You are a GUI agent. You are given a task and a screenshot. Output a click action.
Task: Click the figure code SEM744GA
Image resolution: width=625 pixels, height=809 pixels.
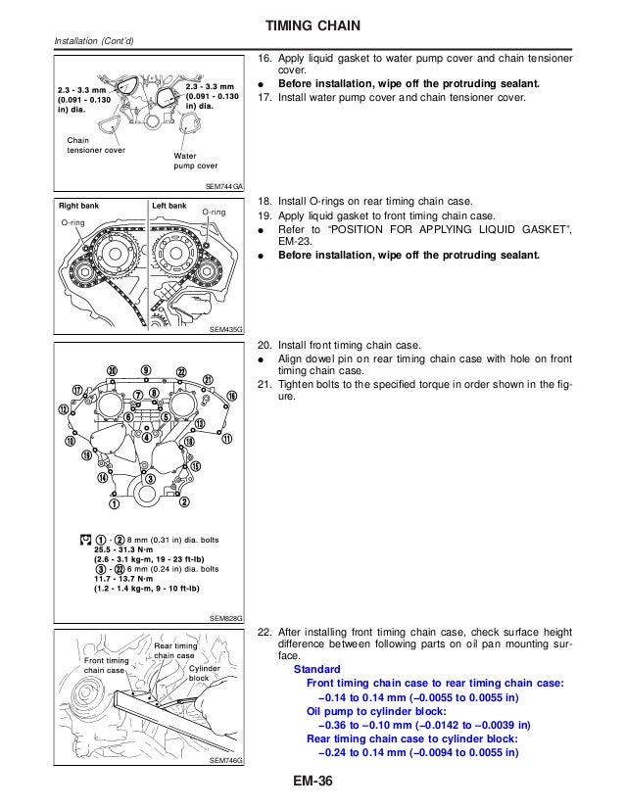224,183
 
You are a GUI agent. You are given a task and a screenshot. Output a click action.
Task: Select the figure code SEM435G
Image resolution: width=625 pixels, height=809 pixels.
226,330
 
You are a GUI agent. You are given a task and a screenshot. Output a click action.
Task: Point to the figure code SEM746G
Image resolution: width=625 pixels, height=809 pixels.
226,761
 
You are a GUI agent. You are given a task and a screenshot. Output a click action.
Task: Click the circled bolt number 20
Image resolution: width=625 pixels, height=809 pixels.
112,370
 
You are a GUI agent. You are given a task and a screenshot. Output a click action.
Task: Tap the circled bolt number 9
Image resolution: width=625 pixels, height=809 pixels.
145,369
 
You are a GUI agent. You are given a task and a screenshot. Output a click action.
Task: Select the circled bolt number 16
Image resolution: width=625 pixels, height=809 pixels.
231,395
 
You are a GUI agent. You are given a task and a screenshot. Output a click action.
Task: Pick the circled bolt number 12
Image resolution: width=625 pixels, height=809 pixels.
64,408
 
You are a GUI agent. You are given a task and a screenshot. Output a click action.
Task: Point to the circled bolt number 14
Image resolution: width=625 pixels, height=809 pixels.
102,478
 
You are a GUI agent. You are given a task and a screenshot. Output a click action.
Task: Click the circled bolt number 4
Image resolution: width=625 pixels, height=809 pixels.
147,438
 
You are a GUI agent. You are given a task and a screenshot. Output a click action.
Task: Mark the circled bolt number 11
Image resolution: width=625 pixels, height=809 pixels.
227,439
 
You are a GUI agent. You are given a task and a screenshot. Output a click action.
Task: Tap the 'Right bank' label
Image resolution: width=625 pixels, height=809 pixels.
75,207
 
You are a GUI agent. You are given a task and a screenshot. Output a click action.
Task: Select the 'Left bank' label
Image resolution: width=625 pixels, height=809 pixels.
168,207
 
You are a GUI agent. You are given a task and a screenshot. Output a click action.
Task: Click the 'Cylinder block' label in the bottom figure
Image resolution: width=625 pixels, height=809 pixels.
198,672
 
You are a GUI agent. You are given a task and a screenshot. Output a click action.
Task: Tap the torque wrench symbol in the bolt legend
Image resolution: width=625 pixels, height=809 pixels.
87,538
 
